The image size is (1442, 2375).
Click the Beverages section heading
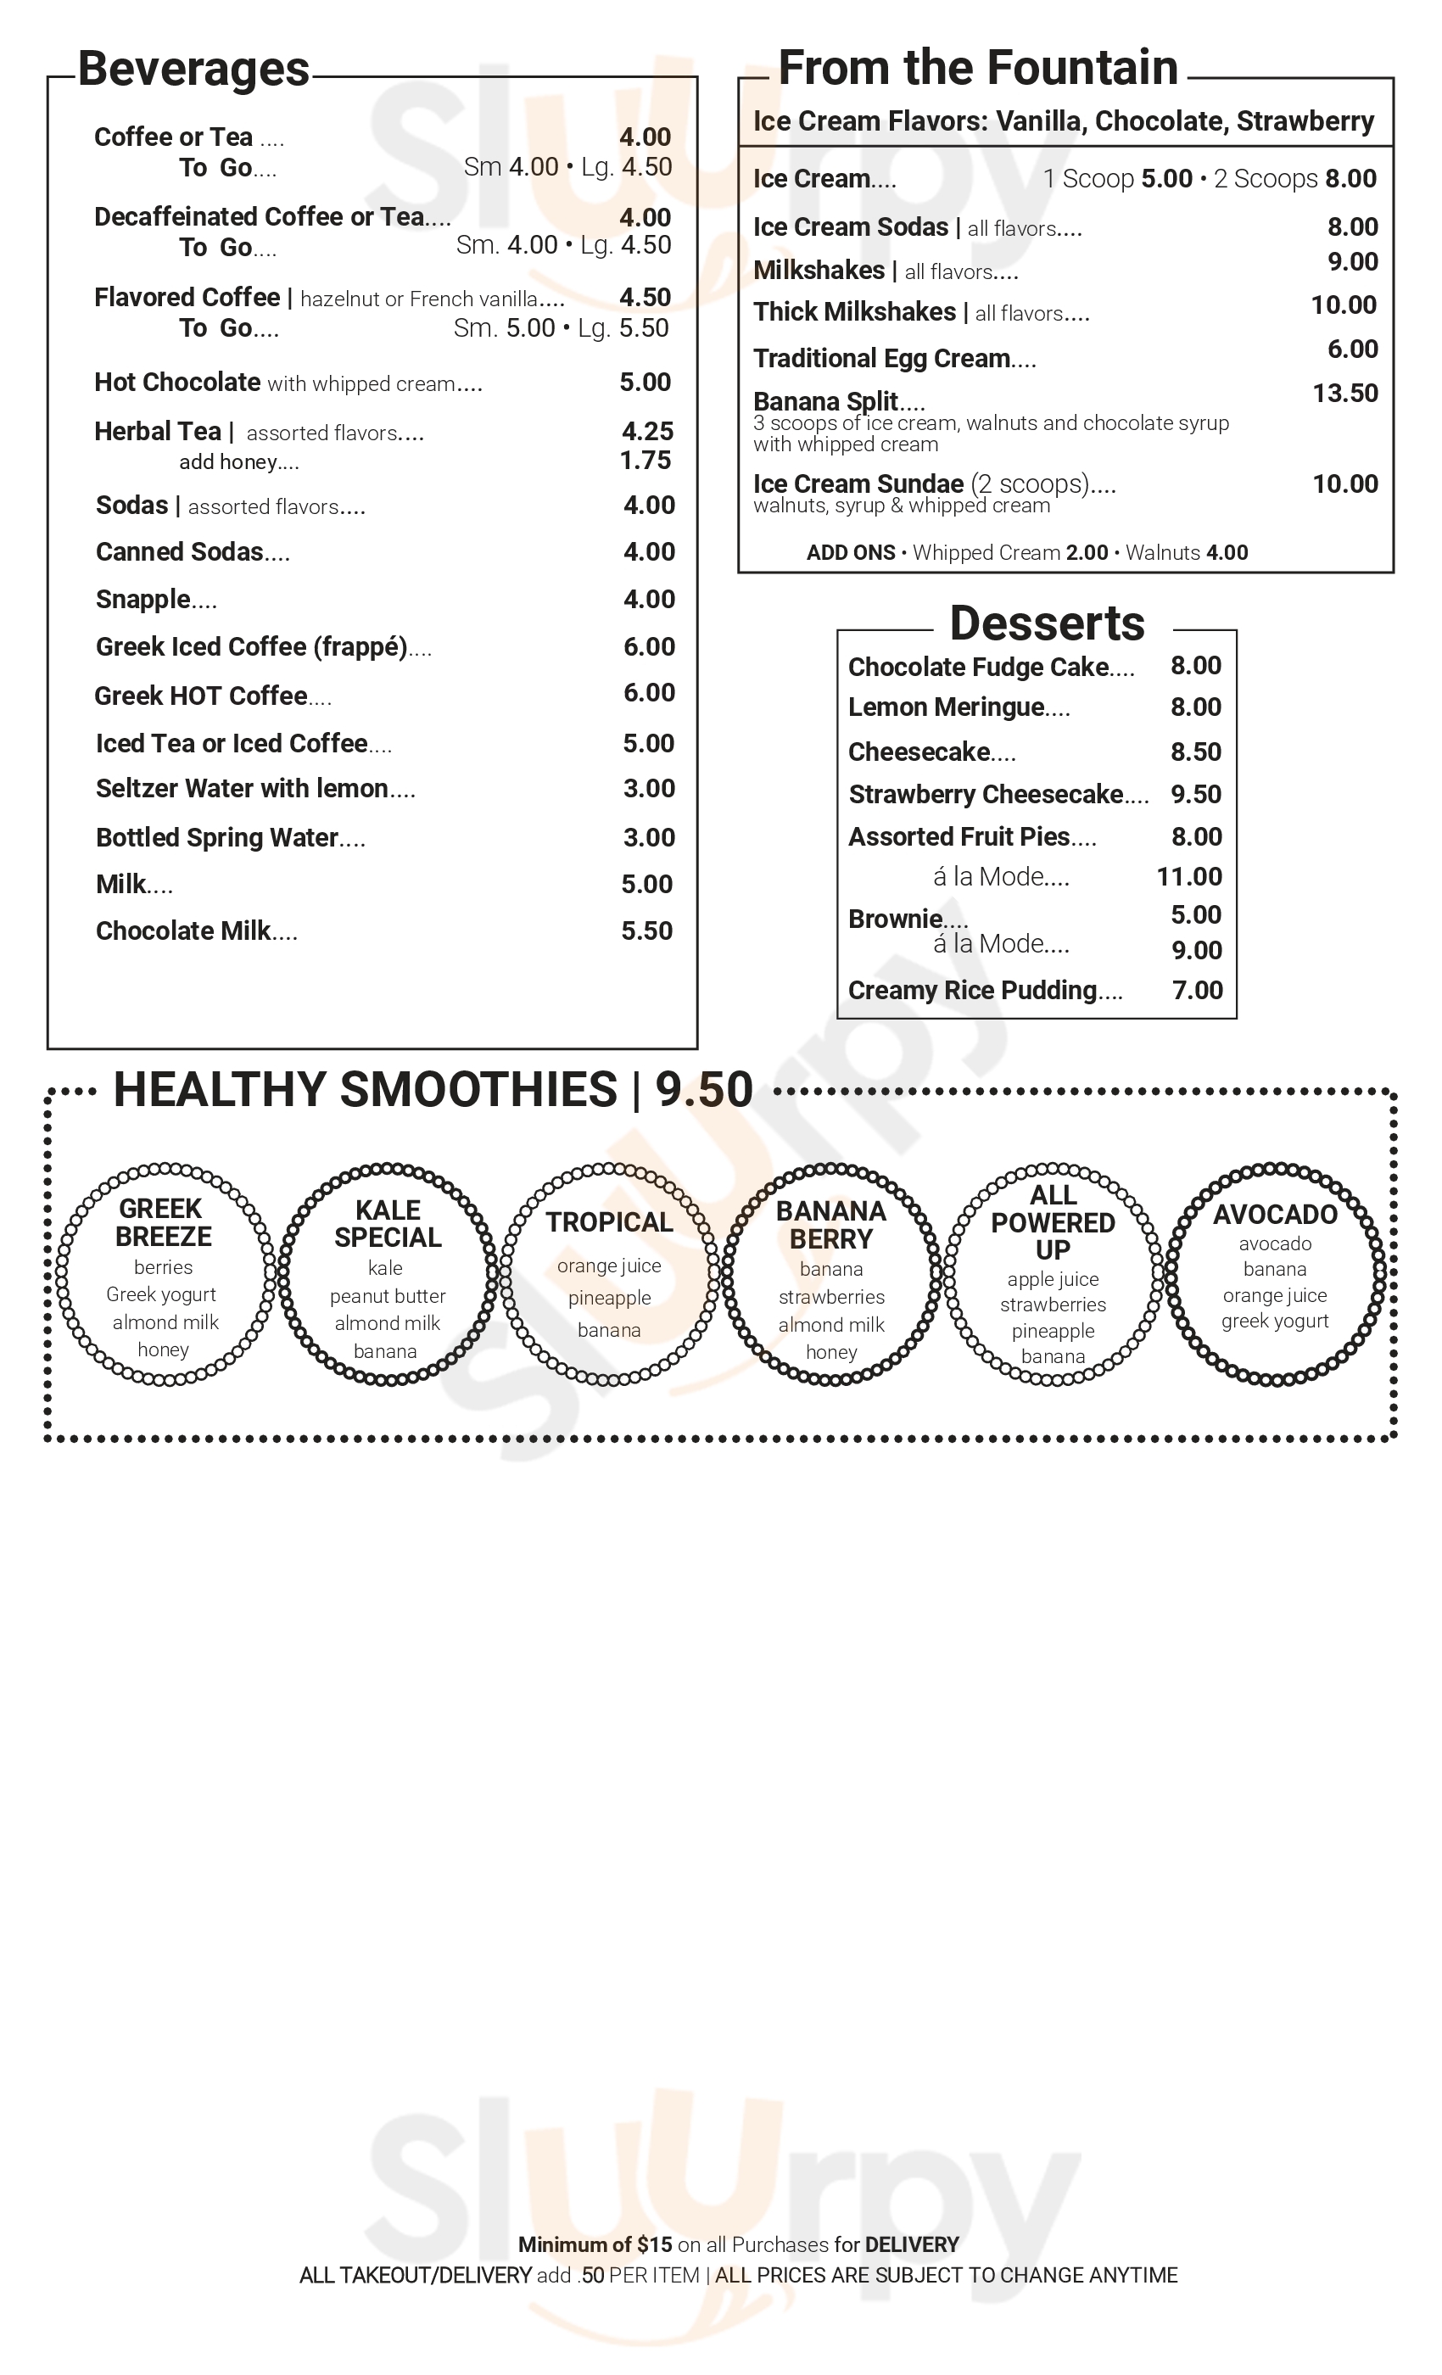coord(193,70)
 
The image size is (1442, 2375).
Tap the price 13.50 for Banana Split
coord(1344,394)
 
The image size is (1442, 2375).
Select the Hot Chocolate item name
coord(177,383)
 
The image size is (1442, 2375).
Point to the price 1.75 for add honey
coord(645,461)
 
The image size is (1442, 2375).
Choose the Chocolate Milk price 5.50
coord(646,931)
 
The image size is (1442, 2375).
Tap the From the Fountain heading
coord(977,69)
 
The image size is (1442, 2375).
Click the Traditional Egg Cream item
coord(881,359)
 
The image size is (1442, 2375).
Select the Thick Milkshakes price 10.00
coord(1344,305)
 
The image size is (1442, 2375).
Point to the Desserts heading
coord(1047,623)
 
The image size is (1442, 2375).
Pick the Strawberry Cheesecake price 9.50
coord(1195,794)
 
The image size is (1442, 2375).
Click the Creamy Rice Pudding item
coord(973,991)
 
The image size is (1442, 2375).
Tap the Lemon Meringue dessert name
coord(946,707)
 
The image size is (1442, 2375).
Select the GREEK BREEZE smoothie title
coord(162,1222)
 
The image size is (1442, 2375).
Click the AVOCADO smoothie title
coord(1274,1215)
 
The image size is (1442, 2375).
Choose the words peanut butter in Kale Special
coord(388,1296)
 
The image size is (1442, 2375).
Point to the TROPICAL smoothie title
coord(609,1222)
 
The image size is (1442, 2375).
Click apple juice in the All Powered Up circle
coord(1053,1279)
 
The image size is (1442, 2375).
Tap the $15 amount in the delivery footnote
coord(655,2244)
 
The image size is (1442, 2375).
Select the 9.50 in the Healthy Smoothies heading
coord(704,1090)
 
